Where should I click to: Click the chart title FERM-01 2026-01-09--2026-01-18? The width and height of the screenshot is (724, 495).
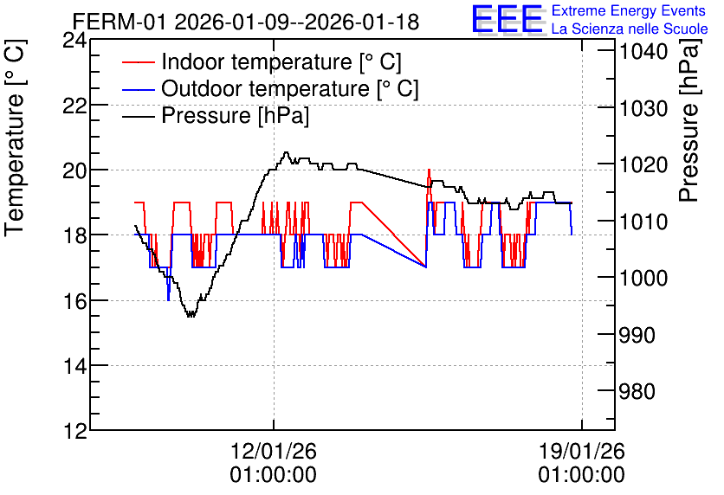point(246,22)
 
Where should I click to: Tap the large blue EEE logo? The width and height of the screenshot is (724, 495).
point(507,19)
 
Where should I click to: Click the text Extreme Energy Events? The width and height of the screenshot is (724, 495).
point(629,10)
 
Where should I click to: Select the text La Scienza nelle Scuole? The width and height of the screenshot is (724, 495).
point(630,29)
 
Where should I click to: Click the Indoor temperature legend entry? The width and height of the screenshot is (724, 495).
point(262,61)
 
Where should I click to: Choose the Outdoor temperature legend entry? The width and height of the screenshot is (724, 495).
point(270,88)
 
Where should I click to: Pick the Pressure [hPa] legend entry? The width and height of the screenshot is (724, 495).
point(216,115)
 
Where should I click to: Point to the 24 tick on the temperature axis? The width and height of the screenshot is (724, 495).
point(74,40)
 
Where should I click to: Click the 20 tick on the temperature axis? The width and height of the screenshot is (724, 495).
point(74,170)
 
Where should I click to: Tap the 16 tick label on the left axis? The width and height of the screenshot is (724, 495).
point(74,301)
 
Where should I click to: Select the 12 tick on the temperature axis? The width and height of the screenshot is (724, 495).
point(74,431)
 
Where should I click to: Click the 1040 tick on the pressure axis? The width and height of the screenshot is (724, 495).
point(643,51)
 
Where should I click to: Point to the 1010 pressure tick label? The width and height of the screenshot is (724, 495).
point(643,222)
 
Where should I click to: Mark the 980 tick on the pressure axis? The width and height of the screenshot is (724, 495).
point(637,391)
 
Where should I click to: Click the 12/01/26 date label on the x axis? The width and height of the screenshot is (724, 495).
point(274,451)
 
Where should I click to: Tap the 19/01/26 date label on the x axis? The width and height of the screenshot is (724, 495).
point(581,451)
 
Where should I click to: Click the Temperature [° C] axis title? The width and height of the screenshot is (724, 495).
point(15,138)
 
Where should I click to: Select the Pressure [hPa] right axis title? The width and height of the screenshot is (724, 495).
point(689,120)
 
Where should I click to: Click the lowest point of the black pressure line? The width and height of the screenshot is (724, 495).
point(191,316)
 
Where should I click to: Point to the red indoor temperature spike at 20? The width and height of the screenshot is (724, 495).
point(429,170)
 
